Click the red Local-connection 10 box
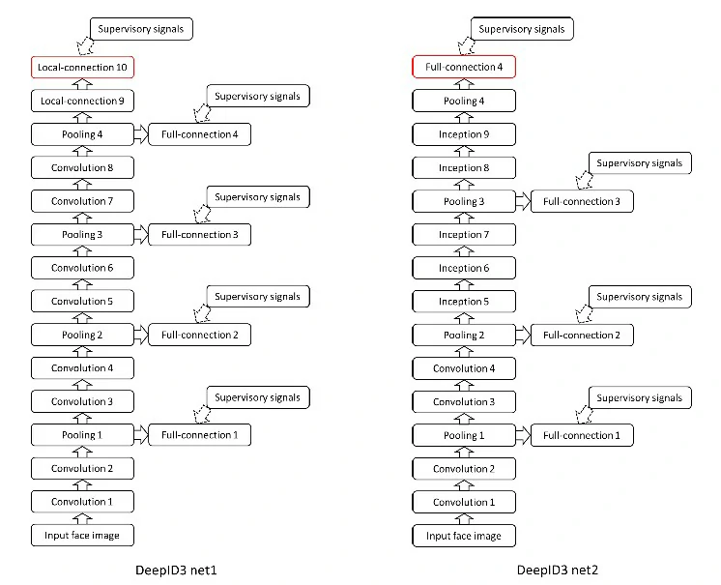click(81, 67)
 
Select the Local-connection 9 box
click(81, 101)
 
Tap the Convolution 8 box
click(81, 167)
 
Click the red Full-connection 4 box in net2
click(463, 67)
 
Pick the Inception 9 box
click(463, 134)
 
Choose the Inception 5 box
click(463, 302)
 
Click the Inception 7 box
click(463, 235)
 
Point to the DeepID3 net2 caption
click(559, 570)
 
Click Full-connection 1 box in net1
click(199, 435)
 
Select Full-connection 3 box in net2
click(582, 201)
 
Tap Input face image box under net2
click(463, 535)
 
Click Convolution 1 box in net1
click(81, 502)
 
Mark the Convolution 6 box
click(81, 268)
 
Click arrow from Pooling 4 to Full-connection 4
click(139, 134)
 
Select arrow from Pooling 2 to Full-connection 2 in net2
click(521, 335)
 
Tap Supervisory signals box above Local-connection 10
click(141, 29)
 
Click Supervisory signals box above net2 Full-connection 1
click(639, 397)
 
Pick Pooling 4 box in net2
click(463, 101)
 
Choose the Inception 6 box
click(463, 268)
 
